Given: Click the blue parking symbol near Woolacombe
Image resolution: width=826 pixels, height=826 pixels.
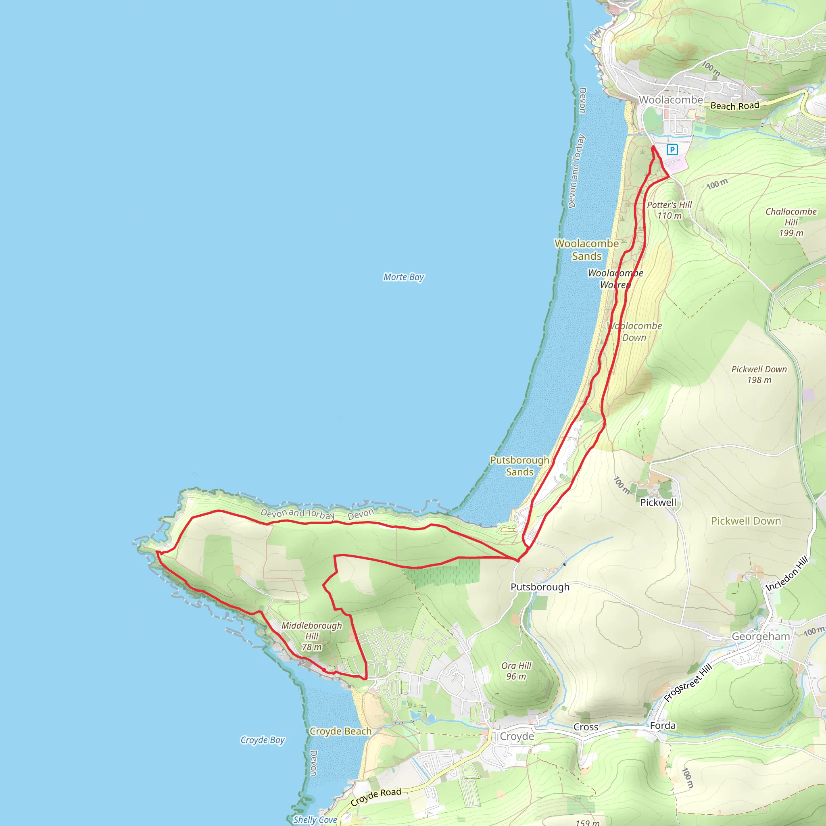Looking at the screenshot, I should click(672, 150).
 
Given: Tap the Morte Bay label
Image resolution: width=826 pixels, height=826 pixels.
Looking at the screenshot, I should click(403, 277).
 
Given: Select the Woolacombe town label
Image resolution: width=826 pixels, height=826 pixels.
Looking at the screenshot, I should click(670, 100).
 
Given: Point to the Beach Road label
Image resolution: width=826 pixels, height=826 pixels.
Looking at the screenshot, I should click(734, 106).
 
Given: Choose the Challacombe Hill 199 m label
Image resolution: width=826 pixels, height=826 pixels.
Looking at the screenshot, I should click(791, 222).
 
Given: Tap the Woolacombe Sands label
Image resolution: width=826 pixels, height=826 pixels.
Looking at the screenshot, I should click(586, 250).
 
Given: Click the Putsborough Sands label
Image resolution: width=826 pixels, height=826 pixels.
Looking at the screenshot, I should click(519, 465).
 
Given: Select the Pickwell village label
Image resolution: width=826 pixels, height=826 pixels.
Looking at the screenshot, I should click(658, 503).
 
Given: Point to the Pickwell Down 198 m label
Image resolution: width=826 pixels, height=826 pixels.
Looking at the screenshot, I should click(759, 374).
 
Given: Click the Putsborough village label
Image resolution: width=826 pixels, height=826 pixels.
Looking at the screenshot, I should click(540, 587).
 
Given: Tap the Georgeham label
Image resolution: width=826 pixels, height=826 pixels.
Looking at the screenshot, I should click(761, 636).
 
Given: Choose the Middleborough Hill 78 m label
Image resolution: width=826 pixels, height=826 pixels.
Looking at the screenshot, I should click(312, 636).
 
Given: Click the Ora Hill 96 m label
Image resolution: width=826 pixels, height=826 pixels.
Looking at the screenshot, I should click(516, 671).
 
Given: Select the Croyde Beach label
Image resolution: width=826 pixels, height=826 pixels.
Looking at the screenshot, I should click(340, 731).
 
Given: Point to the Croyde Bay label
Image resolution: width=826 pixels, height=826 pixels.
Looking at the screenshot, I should click(262, 740).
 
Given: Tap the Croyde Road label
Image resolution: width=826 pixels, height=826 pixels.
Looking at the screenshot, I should click(376, 797).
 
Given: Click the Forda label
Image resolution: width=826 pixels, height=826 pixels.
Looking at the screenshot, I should click(663, 726).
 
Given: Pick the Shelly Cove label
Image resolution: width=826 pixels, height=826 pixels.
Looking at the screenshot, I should click(315, 820).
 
